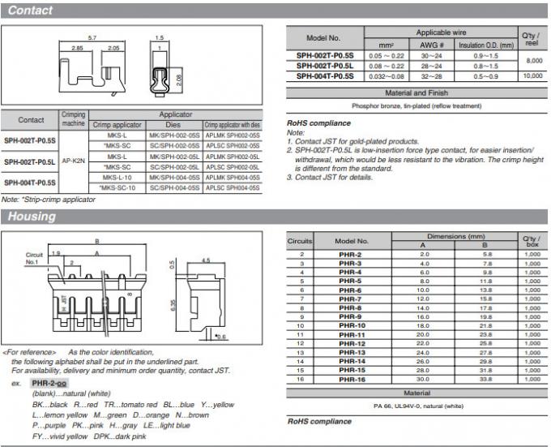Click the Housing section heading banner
[x=32, y=217]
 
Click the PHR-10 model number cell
[x=351, y=325]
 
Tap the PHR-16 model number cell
[x=351, y=379]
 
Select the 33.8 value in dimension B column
[x=485, y=379]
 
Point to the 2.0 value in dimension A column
[x=422, y=255]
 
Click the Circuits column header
[x=300, y=241]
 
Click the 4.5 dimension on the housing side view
[x=206, y=260]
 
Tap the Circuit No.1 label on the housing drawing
[x=32, y=258]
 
